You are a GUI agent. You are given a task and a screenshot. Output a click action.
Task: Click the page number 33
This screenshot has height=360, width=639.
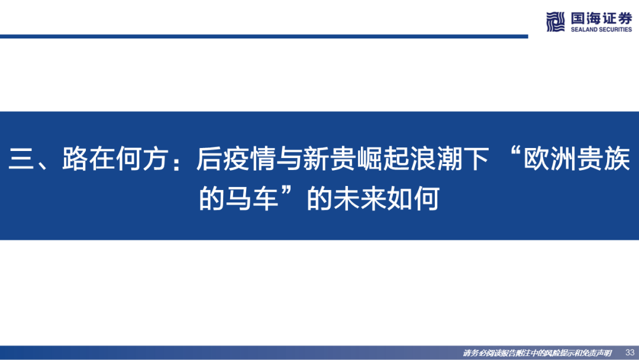pos(630,352)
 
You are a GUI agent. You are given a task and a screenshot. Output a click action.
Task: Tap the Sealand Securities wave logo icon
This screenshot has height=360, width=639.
pos(556,21)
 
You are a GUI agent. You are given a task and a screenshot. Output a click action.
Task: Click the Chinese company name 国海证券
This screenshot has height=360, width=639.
pos(601,18)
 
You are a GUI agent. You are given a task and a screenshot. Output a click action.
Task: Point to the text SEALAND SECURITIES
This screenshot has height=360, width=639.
pos(601,30)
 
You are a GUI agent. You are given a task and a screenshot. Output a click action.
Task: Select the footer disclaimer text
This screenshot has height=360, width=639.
pos(537,353)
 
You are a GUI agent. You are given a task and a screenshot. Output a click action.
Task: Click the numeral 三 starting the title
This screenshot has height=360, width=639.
pos(21,159)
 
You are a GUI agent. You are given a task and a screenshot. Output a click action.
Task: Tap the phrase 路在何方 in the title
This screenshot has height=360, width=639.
pos(115,159)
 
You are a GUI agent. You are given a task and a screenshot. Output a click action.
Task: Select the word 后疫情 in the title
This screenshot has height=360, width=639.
pos(236,159)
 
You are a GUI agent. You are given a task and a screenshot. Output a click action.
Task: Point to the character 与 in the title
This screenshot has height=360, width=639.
pos(289,159)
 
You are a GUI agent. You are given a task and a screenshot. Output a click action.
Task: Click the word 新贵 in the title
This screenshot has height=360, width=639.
pos(330,159)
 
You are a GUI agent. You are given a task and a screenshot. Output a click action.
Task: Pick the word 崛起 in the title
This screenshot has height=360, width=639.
pos(383,159)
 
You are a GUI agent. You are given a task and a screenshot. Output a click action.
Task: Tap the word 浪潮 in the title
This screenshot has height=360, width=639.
pos(436,159)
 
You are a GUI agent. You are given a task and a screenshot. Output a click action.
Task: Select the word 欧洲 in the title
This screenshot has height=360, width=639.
pos(550,159)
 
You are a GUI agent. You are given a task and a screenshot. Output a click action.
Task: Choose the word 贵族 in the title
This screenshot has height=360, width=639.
pos(603,159)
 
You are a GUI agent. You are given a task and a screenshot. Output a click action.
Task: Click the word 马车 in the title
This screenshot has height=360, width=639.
pos(252,198)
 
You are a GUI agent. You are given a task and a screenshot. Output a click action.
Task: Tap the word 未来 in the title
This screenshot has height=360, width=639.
pos(360,198)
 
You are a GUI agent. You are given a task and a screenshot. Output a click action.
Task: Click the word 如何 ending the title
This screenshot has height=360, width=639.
pos(413,198)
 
